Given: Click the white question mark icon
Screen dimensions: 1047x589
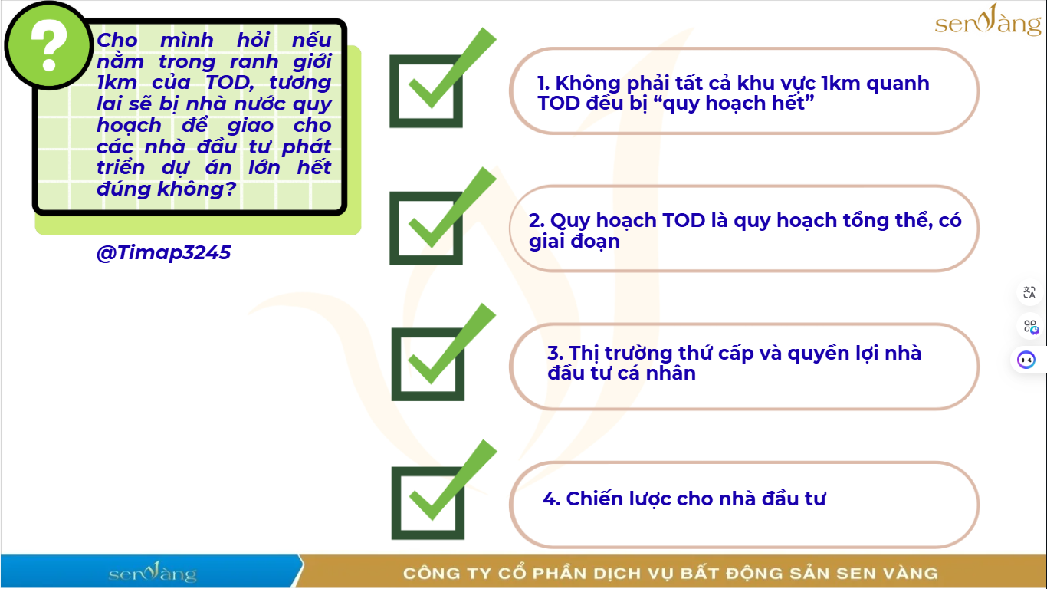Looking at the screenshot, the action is click(48, 45).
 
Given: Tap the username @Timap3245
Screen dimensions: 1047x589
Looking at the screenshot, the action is click(163, 252).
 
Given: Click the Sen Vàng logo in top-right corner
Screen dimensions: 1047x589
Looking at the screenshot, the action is click(988, 21).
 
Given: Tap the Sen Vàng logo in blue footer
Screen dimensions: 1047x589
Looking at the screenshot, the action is click(153, 572).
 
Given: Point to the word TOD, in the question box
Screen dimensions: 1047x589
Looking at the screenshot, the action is click(230, 83).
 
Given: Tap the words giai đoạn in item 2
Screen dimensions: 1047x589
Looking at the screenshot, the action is click(574, 242).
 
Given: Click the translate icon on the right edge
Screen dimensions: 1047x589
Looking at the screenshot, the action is click(1029, 292).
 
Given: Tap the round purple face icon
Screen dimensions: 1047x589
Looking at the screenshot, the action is click(1026, 360).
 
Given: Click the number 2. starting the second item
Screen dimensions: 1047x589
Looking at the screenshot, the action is click(536, 220).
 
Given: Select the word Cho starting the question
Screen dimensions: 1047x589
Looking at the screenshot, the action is click(117, 40).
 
